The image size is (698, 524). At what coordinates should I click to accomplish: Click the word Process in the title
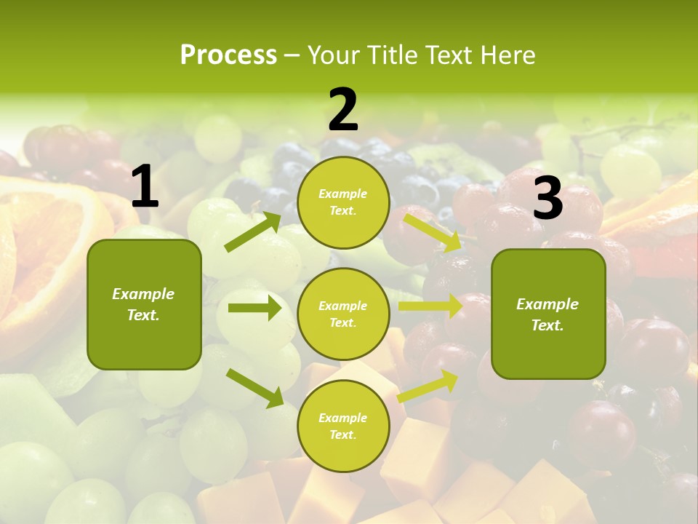coord(228,55)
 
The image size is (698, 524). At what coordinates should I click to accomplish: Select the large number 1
coord(145,188)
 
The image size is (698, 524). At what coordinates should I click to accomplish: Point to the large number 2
coord(343,111)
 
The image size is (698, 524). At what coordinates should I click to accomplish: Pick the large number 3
coord(548,199)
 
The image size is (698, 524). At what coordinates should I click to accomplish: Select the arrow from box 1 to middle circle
coord(254,309)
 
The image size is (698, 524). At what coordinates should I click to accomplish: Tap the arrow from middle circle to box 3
coord(430,306)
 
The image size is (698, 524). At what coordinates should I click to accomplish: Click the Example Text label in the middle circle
coord(343,314)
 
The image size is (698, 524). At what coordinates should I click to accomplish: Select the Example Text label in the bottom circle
coord(343,426)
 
